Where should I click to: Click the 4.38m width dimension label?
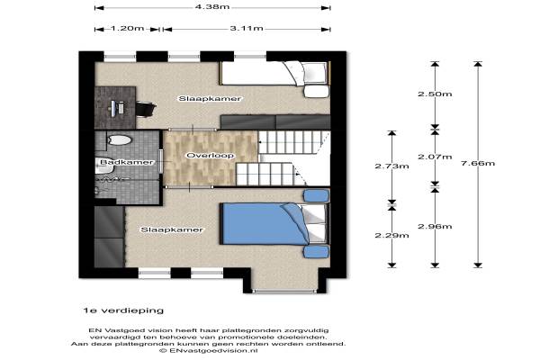[212, 6]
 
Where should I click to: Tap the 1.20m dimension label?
[127, 28]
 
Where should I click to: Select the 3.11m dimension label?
[247, 28]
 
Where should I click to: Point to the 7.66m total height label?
[478, 163]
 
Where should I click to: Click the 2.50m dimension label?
[435, 94]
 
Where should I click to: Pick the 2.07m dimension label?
[435, 157]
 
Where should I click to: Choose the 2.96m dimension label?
[435, 226]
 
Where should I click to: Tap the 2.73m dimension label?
[391, 166]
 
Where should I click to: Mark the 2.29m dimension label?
[391, 235]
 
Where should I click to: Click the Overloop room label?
[211, 156]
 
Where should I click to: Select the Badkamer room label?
[127, 162]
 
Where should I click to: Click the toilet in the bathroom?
[119, 139]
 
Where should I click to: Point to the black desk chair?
[146, 109]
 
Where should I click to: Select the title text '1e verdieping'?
[123, 310]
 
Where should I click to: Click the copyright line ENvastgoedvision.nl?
[209, 350]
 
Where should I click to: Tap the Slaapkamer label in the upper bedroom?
[210, 98]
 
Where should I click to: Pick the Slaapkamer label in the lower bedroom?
[172, 229]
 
